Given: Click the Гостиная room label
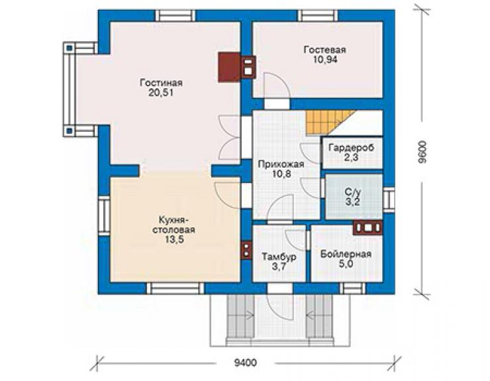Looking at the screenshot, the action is coord(161,83).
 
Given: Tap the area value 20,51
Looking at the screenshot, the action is coord(161,93).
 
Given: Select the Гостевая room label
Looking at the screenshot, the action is coord(325,50).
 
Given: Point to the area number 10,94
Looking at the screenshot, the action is coord(325,60).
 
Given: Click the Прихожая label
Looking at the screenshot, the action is coord(281,164).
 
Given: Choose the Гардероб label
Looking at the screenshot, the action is coord(351,148).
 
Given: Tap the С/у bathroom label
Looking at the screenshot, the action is coord(353,191).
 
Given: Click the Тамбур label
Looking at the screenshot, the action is coord(279,257).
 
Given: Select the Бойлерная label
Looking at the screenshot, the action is coord(346,254).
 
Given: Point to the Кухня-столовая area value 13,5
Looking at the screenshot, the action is coord(174,240).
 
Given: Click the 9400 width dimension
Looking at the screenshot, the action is coord(245,363).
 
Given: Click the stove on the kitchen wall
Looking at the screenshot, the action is coord(246,250).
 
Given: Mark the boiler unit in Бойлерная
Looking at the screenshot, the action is coord(367,227).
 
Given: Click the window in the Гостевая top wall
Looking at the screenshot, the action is coord(317,16).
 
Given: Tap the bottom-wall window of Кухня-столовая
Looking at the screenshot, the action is coord(175,288).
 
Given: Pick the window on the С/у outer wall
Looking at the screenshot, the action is coord(389,199).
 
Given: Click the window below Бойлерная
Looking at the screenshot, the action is coord(352,288).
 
